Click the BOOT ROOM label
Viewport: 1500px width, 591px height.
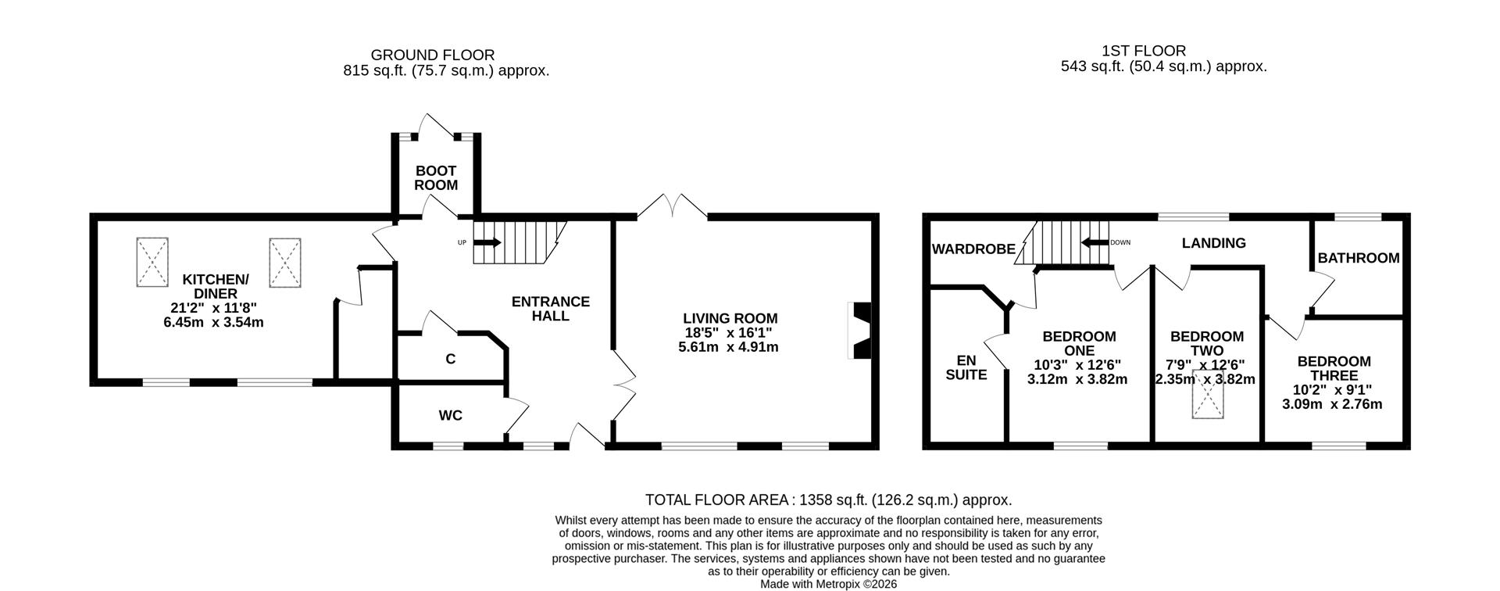435,177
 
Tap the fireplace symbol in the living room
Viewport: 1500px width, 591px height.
859,331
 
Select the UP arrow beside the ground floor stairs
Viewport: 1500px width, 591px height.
487,242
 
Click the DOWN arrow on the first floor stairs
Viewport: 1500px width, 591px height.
1095,242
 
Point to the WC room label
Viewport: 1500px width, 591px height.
450,415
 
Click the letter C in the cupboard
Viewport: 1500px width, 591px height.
450,360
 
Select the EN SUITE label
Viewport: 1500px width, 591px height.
966,367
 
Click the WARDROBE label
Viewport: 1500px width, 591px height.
973,249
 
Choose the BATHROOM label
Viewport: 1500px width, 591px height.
1359,258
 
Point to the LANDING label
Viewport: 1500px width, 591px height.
1213,243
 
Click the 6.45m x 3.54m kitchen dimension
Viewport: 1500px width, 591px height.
213,322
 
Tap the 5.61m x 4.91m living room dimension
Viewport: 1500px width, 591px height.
729,347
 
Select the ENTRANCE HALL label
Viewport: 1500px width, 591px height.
550,309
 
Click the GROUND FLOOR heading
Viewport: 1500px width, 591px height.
432,55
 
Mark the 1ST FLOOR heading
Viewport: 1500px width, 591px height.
1163,51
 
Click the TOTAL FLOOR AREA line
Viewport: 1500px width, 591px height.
828,500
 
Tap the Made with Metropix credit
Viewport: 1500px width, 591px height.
828,584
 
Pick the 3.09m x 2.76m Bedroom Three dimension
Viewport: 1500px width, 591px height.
1333,404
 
